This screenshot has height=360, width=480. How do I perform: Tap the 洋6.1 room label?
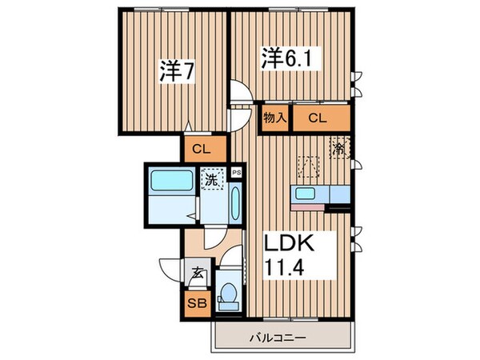(282, 59)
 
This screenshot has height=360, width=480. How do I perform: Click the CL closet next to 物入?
(318, 118)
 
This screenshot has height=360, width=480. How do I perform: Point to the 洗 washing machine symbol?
(213, 179)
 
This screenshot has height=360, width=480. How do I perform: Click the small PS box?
(236, 171)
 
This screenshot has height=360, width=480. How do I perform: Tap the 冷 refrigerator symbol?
(339, 148)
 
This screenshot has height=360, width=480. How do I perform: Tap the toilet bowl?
(230, 295)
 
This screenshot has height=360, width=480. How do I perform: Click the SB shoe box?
(196, 304)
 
